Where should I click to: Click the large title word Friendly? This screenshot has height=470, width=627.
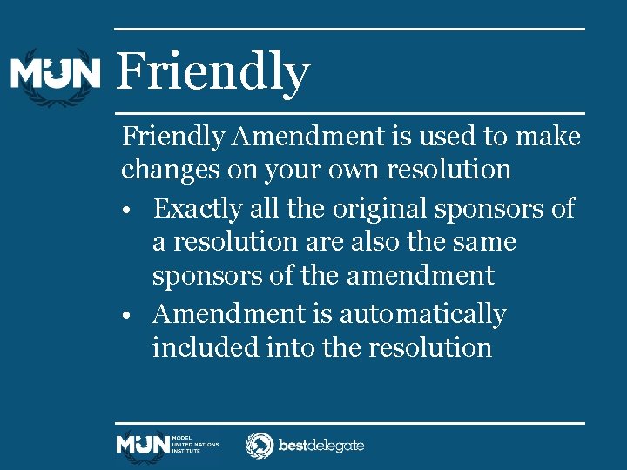tap(212, 72)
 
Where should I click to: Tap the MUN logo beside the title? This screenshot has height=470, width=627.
tap(55, 74)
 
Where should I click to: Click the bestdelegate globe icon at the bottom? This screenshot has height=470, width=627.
tap(259, 446)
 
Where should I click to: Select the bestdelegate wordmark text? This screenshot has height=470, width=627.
tap(320, 446)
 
